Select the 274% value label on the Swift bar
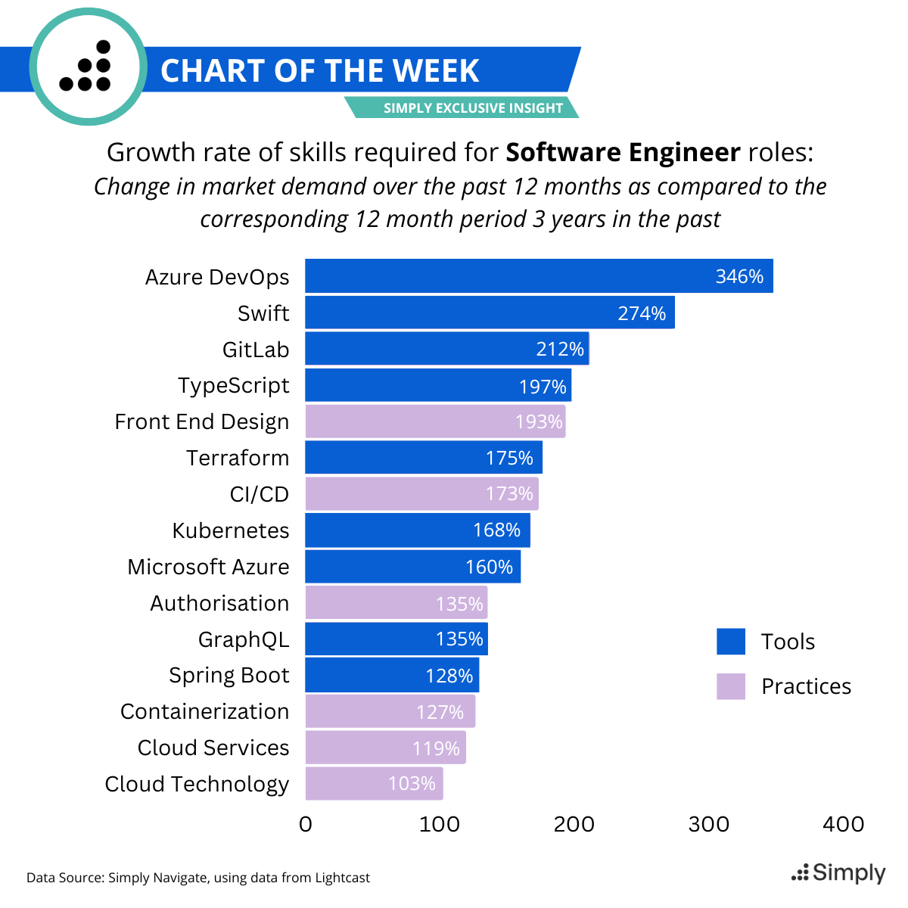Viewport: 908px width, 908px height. click(x=642, y=313)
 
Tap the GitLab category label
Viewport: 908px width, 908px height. click(x=256, y=350)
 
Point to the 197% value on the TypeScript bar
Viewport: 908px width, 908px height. click(x=543, y=387)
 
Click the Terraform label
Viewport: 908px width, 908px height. click(x=238, y=458)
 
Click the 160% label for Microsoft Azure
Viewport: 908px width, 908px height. click(x=489, y=567)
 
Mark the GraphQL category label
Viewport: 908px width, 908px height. click(x=244, y=639)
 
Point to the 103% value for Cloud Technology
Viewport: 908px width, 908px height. click(x=412, y=783)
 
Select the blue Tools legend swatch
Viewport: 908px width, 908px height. click(x=731, y=642)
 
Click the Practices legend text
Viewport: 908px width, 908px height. click(x=806, y=686)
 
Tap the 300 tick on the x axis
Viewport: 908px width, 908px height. click(x=709, y=824)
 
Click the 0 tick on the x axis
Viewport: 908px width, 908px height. click(x=306, y=824)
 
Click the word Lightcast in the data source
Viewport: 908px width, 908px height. click(x=343, y=878)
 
